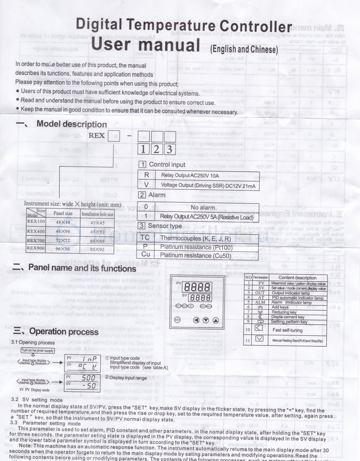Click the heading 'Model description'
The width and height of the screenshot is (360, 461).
pyautogui.click(x=71, y=124)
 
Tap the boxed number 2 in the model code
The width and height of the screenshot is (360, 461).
pyautogui.click(x=156, y=149)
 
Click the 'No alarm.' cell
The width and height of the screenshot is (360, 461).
pyautogui.click(x=203, y=207)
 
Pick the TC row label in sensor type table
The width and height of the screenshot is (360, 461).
pyautogui.click(x=145, y=238)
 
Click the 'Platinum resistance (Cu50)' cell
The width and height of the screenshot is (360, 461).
pyautogui.click(x=196, y=256)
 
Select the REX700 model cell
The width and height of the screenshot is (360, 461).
pyautogui.click(x=36, y=240)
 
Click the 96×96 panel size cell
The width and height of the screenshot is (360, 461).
pyautogui.click(x=63, y=249)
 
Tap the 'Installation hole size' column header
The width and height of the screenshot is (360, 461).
pyautogui.click(x=97, y=214)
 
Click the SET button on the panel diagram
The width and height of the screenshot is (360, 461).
pyautogui.click(x=177, y=320)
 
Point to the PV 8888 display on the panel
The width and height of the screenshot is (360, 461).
pyautogui.click(x=197, y=287)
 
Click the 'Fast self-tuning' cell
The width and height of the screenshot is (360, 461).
pyautogui.click(x=287, y=330)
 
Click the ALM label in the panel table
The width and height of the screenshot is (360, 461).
pyautogui.click(x=260, y=302)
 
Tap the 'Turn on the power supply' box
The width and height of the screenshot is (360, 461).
pyautogui.click(x=37, y=350)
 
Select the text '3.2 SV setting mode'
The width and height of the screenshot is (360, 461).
pyautogui.click(x=37, y=400)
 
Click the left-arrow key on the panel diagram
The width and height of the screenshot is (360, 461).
pyautogui.click(x=196, y=320)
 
